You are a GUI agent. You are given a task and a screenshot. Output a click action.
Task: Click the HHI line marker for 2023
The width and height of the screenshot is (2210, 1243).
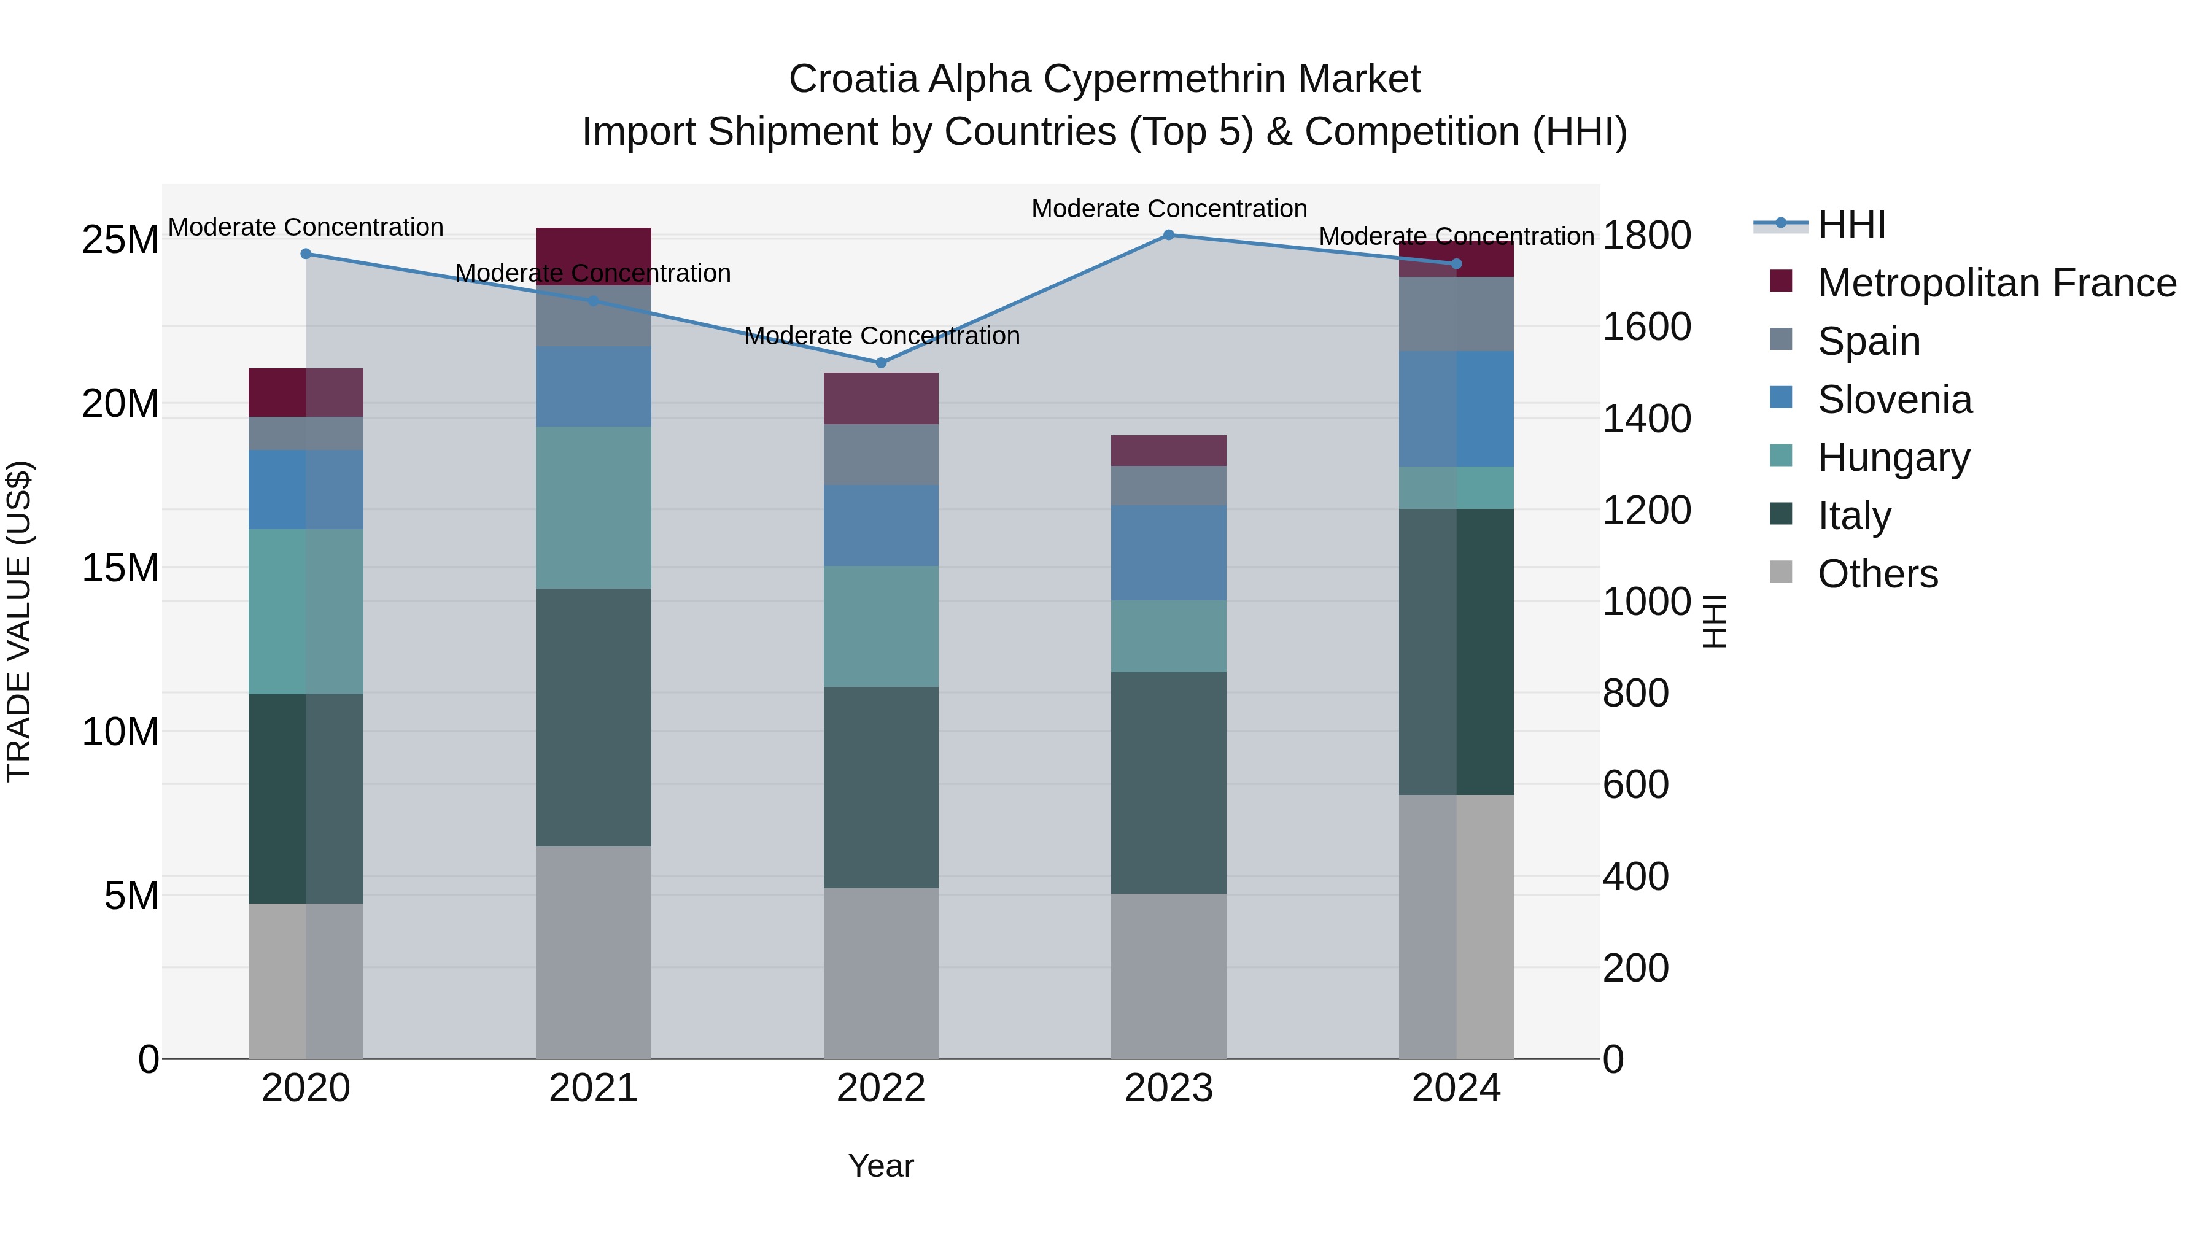[1168, 234]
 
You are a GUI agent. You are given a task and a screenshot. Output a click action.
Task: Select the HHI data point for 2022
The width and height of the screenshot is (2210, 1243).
[880, 363]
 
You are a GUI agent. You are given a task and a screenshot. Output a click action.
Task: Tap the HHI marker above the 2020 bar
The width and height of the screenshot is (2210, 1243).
[306, 254]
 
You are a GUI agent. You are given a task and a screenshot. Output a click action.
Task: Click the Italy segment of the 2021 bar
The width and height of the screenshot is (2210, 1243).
[593, 717]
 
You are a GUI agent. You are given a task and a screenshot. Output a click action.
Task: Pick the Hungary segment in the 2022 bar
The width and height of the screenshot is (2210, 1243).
[880, 626]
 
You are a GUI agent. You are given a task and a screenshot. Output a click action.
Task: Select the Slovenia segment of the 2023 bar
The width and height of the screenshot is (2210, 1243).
[1168, 552]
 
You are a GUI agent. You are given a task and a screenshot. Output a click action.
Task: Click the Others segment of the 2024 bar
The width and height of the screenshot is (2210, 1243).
[1456, 926]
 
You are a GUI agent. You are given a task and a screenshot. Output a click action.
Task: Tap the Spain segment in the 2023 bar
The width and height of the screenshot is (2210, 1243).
[1168, 486]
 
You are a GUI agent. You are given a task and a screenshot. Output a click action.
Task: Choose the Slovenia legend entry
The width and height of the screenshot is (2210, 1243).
[1894, 400]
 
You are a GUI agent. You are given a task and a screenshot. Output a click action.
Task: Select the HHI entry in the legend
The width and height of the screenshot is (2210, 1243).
[1851, 225]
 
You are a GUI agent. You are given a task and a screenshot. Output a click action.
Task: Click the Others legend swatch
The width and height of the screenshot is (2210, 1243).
[1781, 572]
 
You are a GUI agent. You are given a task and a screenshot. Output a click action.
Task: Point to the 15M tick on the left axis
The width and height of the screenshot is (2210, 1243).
[120, 568]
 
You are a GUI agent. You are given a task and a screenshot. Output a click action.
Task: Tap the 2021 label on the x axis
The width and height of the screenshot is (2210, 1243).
[593, 1088]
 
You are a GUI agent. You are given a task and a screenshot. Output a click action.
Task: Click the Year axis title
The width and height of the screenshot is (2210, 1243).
[880, 1166]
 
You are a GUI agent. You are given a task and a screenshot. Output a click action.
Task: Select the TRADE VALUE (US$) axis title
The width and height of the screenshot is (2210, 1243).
[19, 621]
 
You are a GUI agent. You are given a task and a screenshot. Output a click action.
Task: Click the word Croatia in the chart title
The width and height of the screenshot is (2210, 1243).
[853, 79]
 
